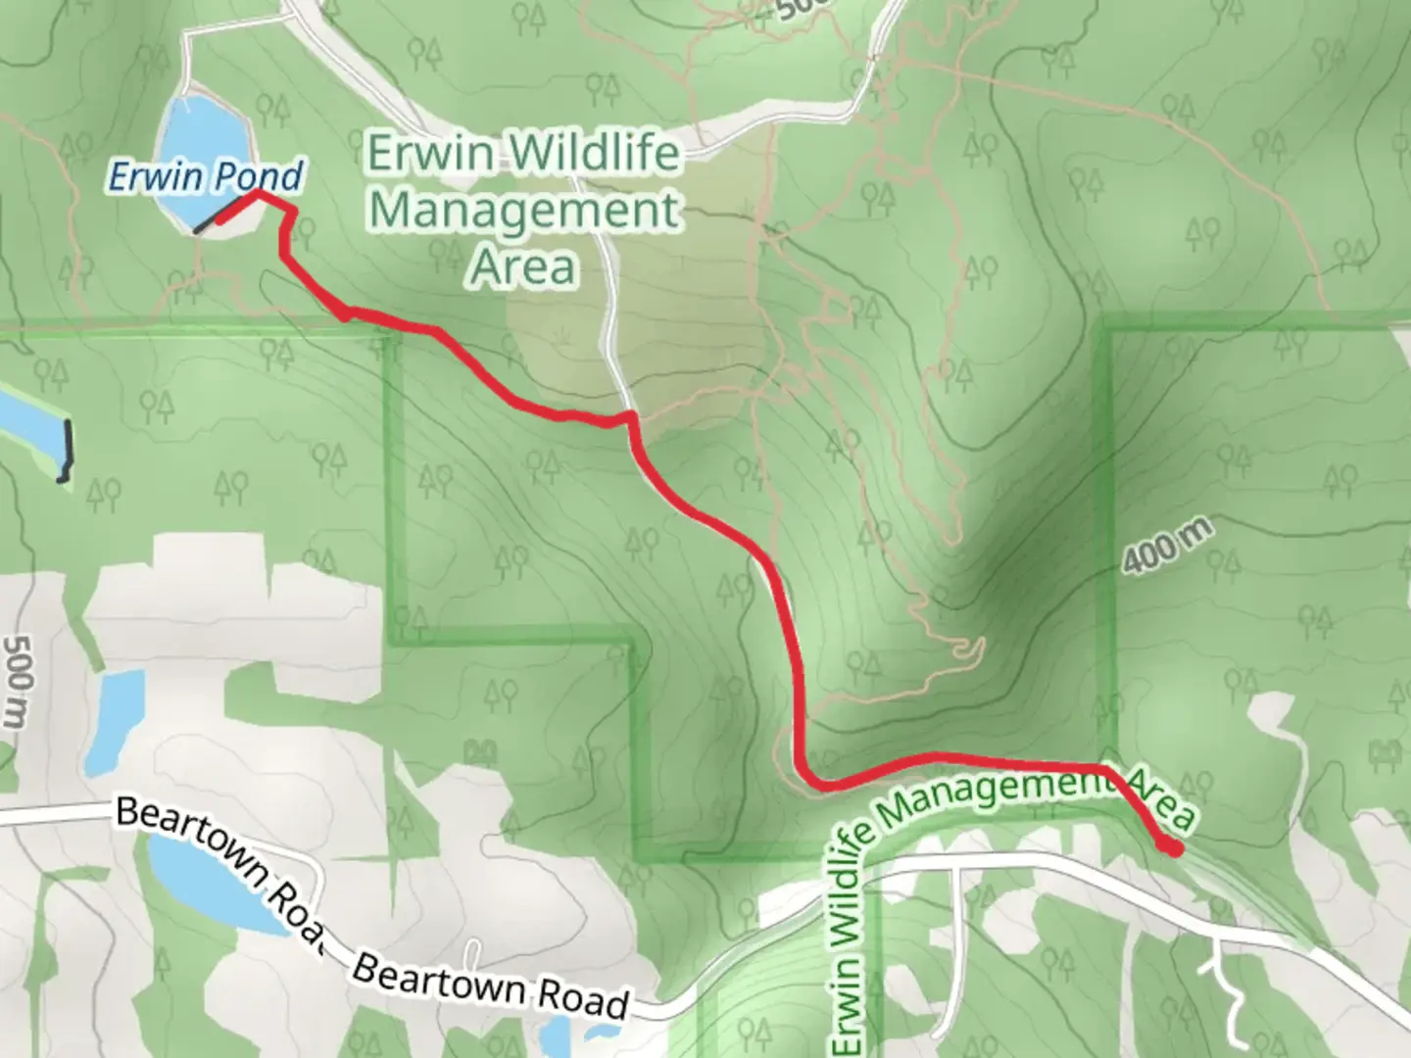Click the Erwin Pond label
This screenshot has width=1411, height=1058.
point(205,177)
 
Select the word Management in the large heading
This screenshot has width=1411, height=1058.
point(524,211)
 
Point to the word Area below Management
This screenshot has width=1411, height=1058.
point(523,266)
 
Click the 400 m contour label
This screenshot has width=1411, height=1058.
point(1167,547)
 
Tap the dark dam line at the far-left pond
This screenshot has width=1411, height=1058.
point(67,451)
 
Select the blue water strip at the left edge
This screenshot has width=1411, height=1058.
point(24,421)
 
